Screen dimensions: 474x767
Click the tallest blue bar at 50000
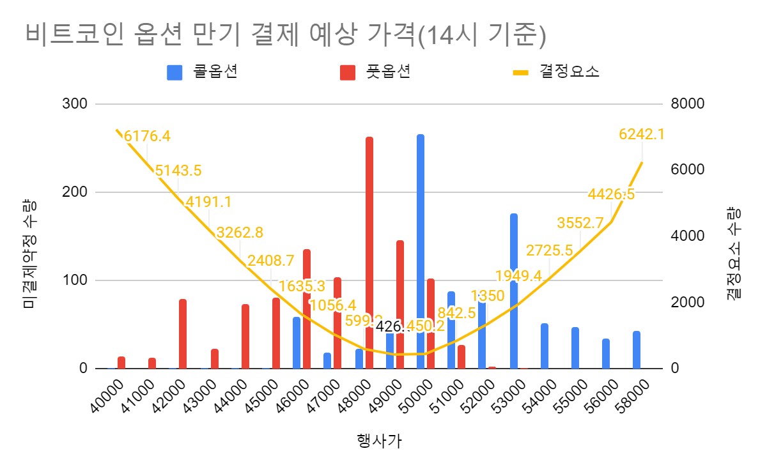pos(420,252)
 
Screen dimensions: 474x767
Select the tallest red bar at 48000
pos(369,253)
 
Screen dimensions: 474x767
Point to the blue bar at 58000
pos(636,350)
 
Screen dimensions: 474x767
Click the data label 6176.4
pos(147,136)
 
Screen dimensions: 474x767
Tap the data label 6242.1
pos(642,134)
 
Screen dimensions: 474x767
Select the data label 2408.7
pos(271,261)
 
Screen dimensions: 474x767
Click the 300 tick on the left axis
pos(75,104)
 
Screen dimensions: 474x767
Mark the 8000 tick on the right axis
pos(686,104)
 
